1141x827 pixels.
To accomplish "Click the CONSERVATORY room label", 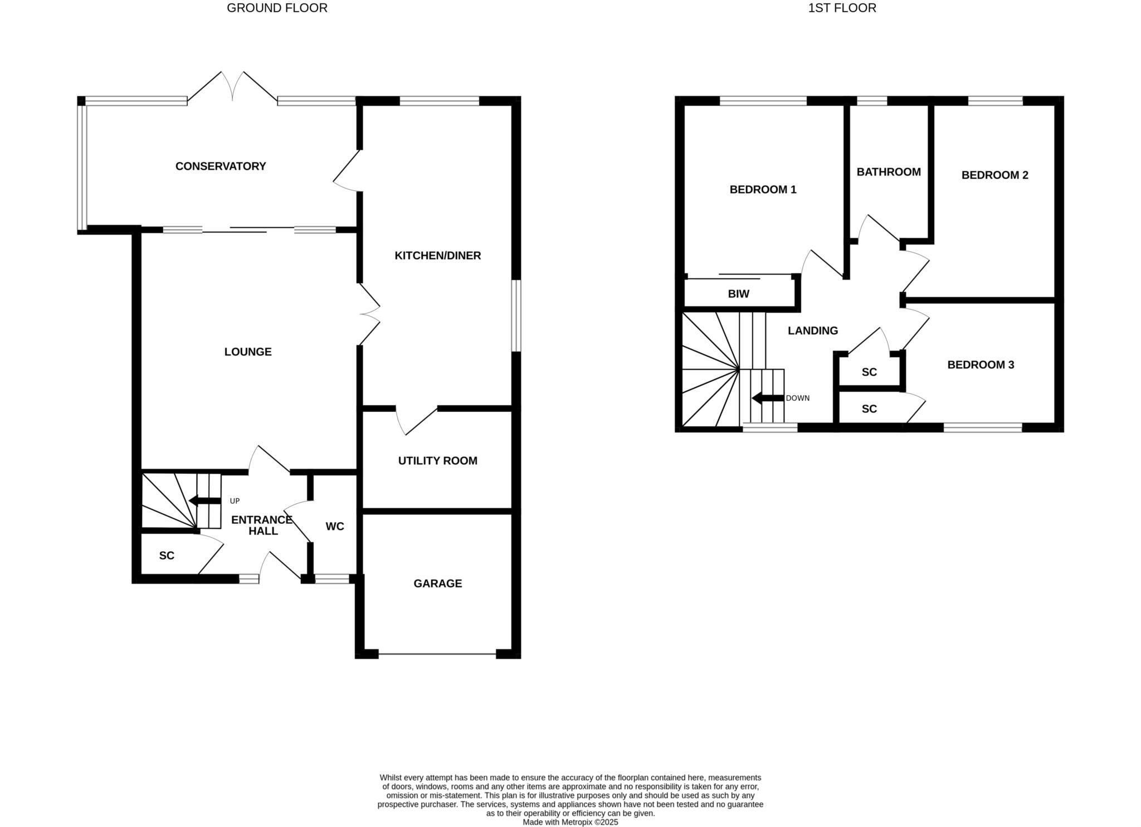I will point(221,166).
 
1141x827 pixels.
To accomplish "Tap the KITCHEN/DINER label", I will point(437,256).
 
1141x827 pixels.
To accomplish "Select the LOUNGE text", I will point(248,352).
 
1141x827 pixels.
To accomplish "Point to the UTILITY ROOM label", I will point(437,461).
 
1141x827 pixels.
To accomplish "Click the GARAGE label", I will point(437,583).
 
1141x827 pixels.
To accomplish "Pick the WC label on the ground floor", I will point(334,526).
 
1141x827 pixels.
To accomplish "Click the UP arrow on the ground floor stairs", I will point(204,500).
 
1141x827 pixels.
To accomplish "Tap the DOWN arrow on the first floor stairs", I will point(767,398).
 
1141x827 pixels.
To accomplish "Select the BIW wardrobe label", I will point(738,294).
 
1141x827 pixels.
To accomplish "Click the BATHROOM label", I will point(888,172).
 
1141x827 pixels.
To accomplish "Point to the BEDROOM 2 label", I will point(994,175).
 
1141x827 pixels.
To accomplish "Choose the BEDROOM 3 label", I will point(981,365).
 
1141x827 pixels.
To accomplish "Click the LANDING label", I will point(812,331).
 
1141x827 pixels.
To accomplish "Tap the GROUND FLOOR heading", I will point(277,8).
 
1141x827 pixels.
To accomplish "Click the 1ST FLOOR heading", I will point(842,8).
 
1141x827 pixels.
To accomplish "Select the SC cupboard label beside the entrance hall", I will point(167,556).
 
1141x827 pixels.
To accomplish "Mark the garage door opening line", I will point(437,654).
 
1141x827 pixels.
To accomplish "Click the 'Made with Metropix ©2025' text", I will point(570,822).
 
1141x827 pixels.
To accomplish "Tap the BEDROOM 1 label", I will point(763,189).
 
